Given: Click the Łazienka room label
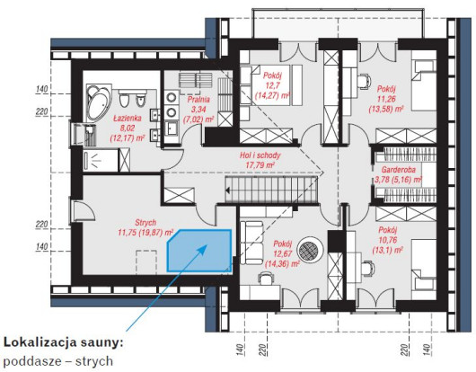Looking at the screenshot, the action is point(128,128).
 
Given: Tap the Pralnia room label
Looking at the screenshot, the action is point(198,109).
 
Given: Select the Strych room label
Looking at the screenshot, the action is point(145,227).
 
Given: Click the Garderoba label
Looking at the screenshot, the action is point(398,174).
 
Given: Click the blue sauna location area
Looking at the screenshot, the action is point(199,251).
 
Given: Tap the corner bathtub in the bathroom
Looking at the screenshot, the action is point(99,102).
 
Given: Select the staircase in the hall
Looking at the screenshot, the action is point(271,189).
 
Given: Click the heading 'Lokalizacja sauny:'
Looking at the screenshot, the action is point(64,342).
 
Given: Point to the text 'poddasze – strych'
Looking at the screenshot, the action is point(58,361).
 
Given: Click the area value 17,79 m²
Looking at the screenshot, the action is point(260,165).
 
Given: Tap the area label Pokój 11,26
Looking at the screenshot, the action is point(386,99).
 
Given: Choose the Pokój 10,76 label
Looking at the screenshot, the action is point(388,240).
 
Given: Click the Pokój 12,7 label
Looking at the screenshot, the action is point(272,85).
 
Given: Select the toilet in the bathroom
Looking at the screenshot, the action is point(124,99).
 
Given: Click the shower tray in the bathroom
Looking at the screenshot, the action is point(101,160).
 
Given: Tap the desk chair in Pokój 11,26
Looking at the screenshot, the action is point(364,81).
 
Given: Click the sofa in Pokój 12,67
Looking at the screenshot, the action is point(251,243).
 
